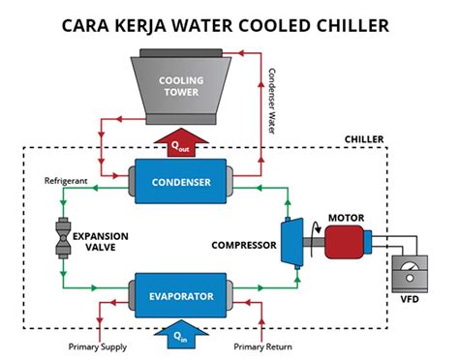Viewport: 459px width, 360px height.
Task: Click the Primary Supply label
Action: click(98, 346)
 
